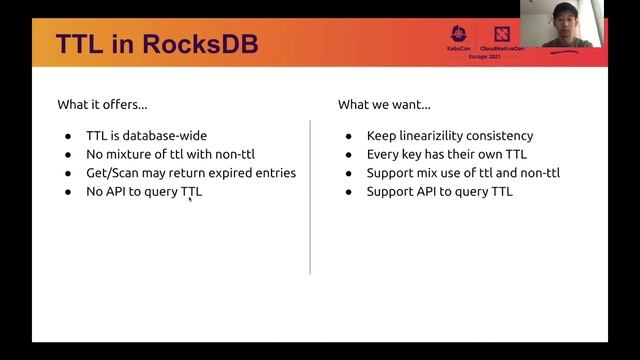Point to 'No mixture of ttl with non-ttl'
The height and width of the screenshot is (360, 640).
175,155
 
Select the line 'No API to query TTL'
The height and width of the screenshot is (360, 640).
144,191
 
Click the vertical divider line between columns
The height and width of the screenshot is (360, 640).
310,195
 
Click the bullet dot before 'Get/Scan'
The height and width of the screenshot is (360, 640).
68,173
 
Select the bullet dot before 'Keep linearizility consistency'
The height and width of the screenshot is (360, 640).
348,136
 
